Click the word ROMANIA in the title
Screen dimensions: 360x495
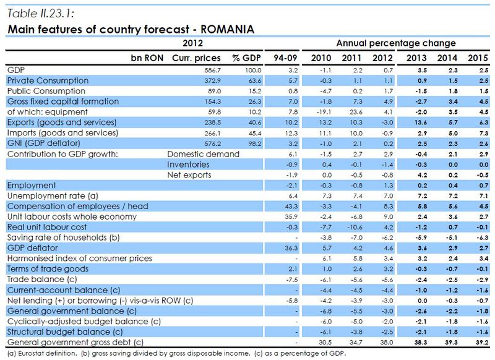(x=227, y=28)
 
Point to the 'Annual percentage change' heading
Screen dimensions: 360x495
(x=397, y=43)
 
